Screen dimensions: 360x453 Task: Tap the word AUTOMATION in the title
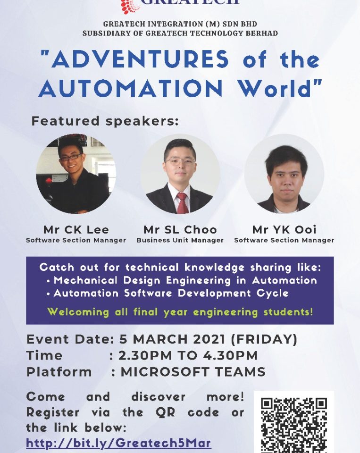(x=131, y=88)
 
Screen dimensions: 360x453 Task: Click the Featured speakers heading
(x=105, y=121)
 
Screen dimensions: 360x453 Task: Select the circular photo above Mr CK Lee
(x=76, y=174)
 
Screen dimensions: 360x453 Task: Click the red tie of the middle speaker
(x=182, y=202)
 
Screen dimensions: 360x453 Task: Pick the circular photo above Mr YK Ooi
(x=284, y=174)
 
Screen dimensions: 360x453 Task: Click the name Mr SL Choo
(x=180, y=230)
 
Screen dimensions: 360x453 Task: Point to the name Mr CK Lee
(x=76, y=230)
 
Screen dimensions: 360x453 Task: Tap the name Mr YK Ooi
(x=284, y=230)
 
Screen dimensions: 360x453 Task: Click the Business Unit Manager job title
(x=180, y=240)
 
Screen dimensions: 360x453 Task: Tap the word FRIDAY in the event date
(x=264, y=339)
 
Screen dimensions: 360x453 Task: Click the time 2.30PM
(x=145, y=355)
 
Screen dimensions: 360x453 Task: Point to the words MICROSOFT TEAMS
(x=193, y=372)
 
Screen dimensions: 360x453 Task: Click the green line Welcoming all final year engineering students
(x=180, y=312)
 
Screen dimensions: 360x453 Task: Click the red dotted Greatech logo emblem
(x=130, y=6)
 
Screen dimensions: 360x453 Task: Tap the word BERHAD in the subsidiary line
(x=262, y=33)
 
